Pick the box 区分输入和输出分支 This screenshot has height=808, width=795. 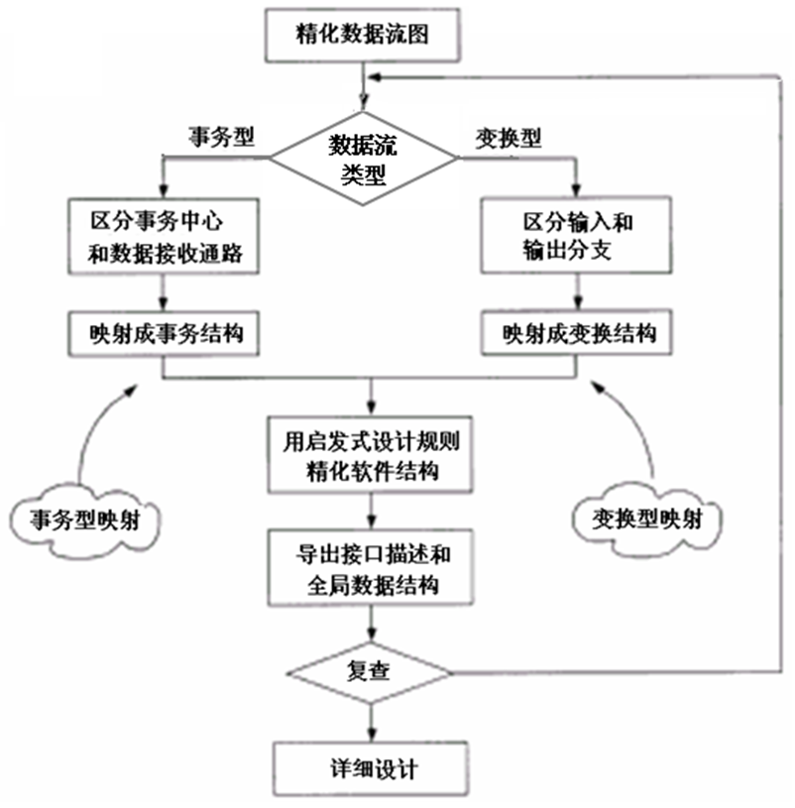pos(576,236)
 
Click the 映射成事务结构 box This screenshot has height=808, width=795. pos(165,335)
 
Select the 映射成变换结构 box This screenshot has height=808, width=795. pos(576,335)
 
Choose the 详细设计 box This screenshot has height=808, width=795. pos(370,766)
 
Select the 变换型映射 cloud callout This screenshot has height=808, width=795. pos(649,517)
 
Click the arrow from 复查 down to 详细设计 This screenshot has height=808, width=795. pos(370,720)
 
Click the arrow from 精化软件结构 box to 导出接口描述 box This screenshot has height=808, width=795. pos(370,512)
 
